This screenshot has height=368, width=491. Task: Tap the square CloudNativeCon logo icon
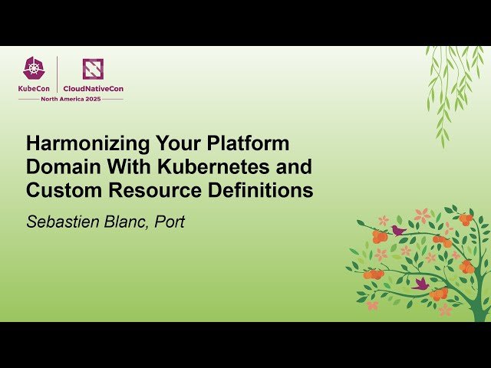(x=93, y=69)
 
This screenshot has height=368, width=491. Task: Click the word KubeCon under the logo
(x=35, y=88)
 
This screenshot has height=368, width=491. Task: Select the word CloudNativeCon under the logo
(x=93, y=88)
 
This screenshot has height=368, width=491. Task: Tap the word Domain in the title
(x=61, y=167)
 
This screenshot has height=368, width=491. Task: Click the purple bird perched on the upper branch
(x=397, y=229)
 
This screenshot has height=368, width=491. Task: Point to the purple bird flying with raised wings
(x=420, y=284)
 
